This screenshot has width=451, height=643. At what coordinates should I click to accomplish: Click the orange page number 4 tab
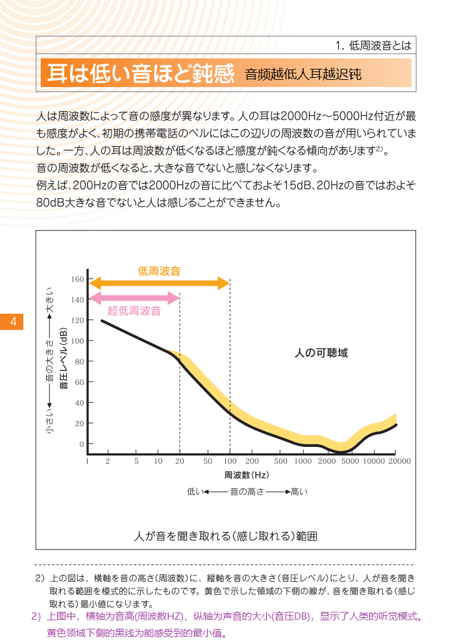tap(12, 321)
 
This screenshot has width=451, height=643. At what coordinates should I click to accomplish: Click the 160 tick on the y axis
tap(78, 279)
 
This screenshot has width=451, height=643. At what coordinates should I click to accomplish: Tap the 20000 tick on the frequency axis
tap(400, 461)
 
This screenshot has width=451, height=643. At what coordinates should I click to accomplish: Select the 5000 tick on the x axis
tap(350, 461)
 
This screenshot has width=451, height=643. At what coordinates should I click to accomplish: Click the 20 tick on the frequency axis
tap(180, 461)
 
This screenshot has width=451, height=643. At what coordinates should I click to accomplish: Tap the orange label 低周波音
tap(159, 271)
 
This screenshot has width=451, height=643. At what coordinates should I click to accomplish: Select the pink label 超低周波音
tap(134, 310)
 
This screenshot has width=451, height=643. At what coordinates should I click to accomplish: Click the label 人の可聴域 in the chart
tap(321, 353)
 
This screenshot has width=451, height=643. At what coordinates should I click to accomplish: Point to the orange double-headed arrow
tap(159, 283)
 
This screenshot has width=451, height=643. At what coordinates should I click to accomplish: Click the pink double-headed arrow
tap(134, 298)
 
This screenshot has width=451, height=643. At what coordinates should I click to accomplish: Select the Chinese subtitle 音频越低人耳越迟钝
tap(302, 75)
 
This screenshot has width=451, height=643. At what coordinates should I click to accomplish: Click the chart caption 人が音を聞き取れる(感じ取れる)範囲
tap(225, 536)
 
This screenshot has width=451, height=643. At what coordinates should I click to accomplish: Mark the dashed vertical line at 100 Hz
tap(230, 364)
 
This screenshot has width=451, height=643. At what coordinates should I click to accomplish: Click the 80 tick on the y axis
tap(79, 362)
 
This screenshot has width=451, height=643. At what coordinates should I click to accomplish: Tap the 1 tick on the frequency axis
tap(87, 461)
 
